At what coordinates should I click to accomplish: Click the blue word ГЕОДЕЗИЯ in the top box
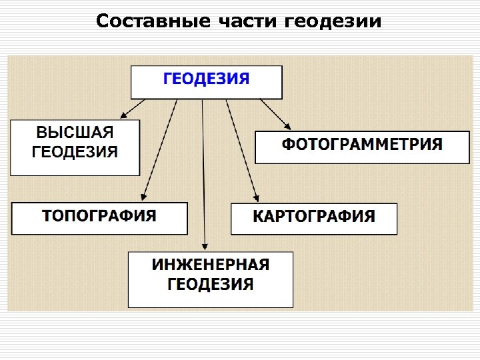[x=207, y=79]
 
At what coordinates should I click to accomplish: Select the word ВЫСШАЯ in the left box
[x=75, y=132]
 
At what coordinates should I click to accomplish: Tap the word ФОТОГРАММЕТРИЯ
[x=362, y=144]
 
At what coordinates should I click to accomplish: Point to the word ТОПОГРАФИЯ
[x=99, y=215]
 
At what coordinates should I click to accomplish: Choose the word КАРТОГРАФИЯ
[x=314, y=216]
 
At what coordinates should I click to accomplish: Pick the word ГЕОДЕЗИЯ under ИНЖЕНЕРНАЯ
[x=211, y=285]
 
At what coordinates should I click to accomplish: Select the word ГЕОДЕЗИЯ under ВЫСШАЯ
[x=75, y=151]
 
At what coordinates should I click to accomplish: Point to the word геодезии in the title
[x=333, y=22]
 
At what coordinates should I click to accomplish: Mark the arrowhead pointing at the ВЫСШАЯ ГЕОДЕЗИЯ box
[x=123, y=115]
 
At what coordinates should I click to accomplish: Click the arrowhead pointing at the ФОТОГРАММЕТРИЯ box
[x=288, y=126]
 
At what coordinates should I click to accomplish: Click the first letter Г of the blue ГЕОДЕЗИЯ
[x=169, y=79]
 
